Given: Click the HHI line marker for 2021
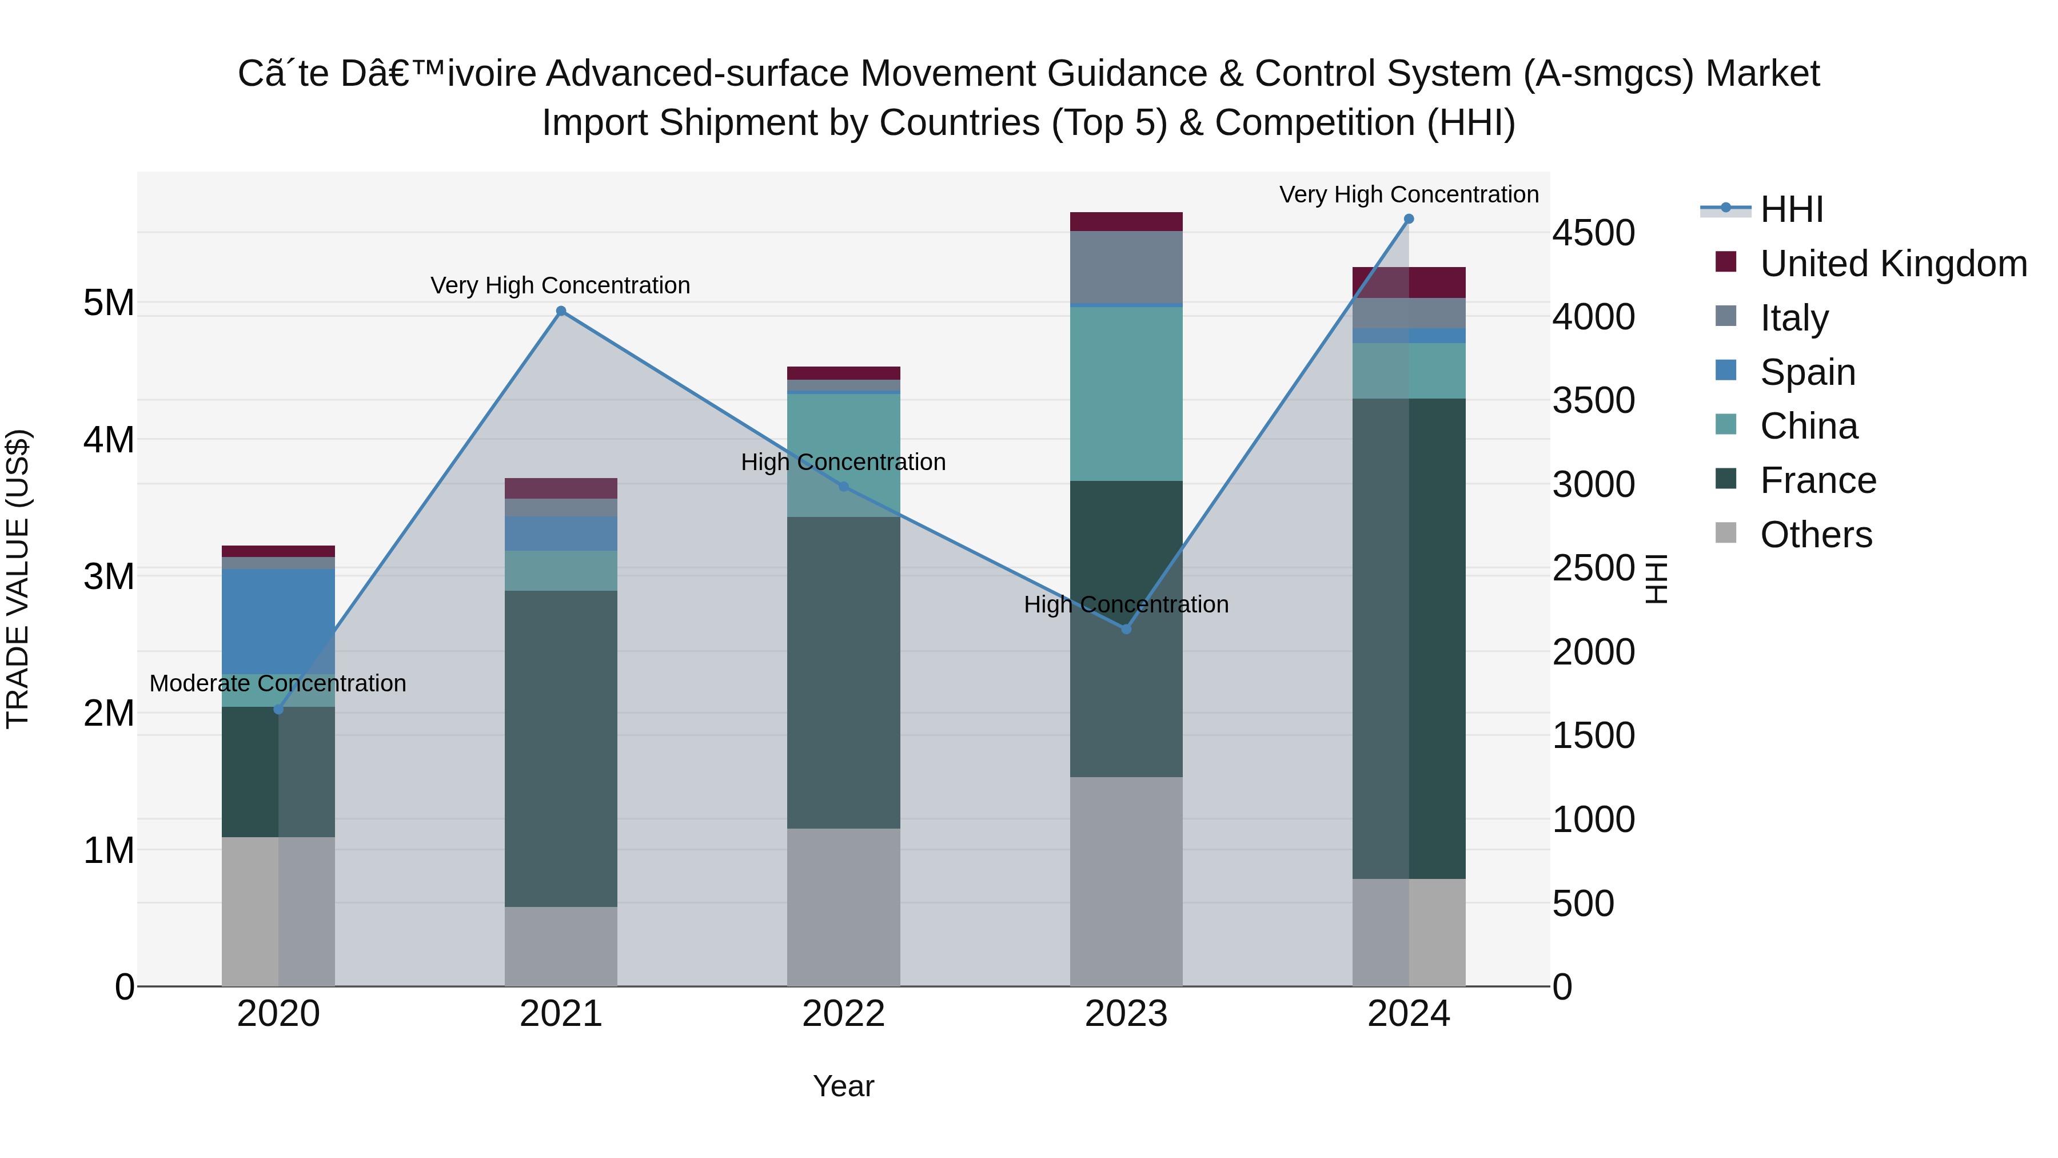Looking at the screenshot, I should [x=561, y=311].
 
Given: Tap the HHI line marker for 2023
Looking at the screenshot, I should [x=1126, y=629].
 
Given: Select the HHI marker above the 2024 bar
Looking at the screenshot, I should [x=1409, y=219].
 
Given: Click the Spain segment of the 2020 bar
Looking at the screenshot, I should [x=278, y=621].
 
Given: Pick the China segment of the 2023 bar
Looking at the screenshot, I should [x=1126, y=393].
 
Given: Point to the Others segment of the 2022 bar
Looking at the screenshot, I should [x=843, y=906].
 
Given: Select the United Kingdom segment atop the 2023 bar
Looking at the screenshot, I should [x=1126, y=221].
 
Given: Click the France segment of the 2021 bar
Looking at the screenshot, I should [x=561, y=748].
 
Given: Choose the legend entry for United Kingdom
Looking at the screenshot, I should [x=1893, y=264].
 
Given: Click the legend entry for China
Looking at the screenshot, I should [x=1809, y=426].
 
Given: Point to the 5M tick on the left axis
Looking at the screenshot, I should [x=109, y=303].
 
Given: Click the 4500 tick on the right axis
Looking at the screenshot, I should [x=1593, y=233].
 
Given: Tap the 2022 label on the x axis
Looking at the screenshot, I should [x=843, y=1014].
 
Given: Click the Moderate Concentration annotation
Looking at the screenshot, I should [x=278, y=683].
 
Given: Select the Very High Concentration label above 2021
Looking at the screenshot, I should [x=560, y=285].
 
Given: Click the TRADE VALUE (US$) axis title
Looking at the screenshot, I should [x=18, y=579].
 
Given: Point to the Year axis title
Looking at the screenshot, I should [x=843, y=1086].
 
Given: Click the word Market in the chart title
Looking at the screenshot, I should [x=1762, y=74].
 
